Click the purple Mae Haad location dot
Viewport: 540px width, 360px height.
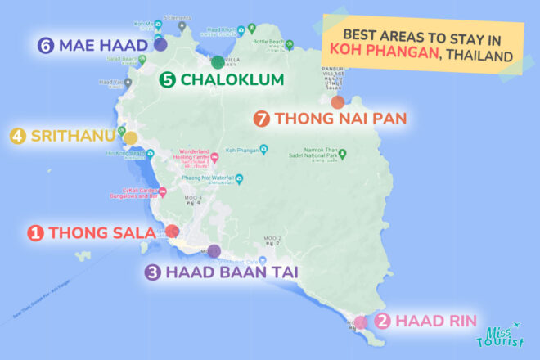pos(160,46)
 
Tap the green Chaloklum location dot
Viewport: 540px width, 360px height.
pos(218,62)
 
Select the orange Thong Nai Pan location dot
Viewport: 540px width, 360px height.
pos(337,102)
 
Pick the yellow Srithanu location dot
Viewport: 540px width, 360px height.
pos(130,137)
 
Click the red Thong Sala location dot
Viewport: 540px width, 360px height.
pos(173,232)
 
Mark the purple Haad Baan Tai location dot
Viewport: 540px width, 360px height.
pos(214,251)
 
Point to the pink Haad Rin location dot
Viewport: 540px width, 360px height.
pos(361,322)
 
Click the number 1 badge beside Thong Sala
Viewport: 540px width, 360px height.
pos(35,234)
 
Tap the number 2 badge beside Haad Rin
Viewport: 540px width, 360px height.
pos(382,321)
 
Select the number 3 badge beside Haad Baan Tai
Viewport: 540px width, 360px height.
pos(152,273)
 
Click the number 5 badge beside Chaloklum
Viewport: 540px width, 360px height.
pos(168,80)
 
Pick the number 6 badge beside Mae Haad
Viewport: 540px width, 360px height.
pos(45,45)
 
